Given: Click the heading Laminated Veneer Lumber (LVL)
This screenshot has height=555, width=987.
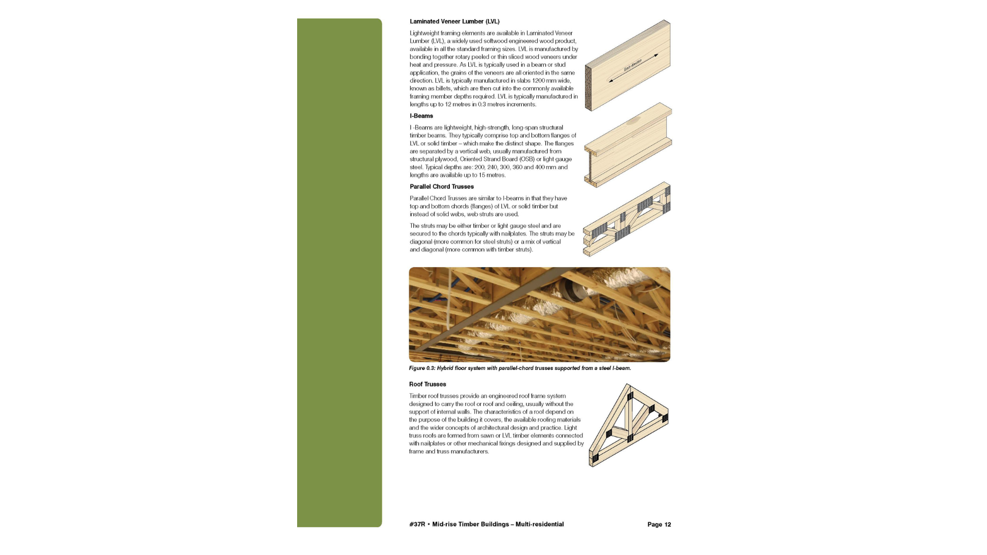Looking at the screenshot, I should point(454,22).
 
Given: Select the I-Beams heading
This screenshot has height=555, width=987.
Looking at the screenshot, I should point(421,116).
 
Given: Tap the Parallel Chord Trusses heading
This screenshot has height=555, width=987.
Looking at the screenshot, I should point(442,187).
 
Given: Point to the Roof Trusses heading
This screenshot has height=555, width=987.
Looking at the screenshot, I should point(427,384).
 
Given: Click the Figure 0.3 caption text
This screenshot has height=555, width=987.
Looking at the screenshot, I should point(520,368).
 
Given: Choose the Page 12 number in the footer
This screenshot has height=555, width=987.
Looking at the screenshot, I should point(659,525).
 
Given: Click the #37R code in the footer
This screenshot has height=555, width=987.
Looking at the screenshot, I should point(417,525).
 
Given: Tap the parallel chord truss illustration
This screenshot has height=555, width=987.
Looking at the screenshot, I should point(627,219).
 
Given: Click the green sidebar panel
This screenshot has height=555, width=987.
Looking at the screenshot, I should point(339,272).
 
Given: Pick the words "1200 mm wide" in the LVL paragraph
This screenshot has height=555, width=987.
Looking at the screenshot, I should point(551,81).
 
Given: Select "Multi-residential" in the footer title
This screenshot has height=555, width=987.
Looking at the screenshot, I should point(539,525).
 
